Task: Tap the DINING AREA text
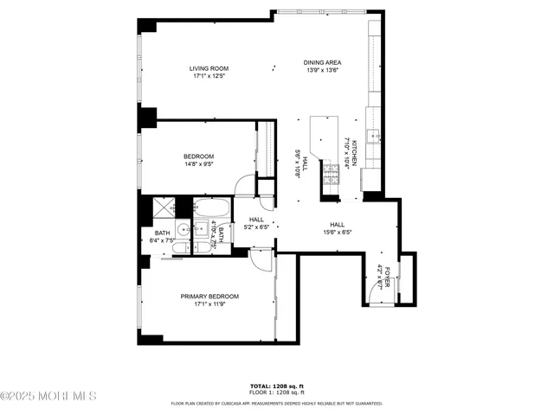(x=321, y=62)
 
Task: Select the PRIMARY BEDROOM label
(x=209, y=297)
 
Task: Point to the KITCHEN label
(x=354, y=139)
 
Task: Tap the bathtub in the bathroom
(x=211, y=208)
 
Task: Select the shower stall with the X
(x=162, y=208)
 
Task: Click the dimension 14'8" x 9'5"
(x=198, y=164)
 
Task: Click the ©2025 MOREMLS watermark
(x=48, y=397)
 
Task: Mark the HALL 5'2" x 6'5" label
(x=256, y=224)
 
